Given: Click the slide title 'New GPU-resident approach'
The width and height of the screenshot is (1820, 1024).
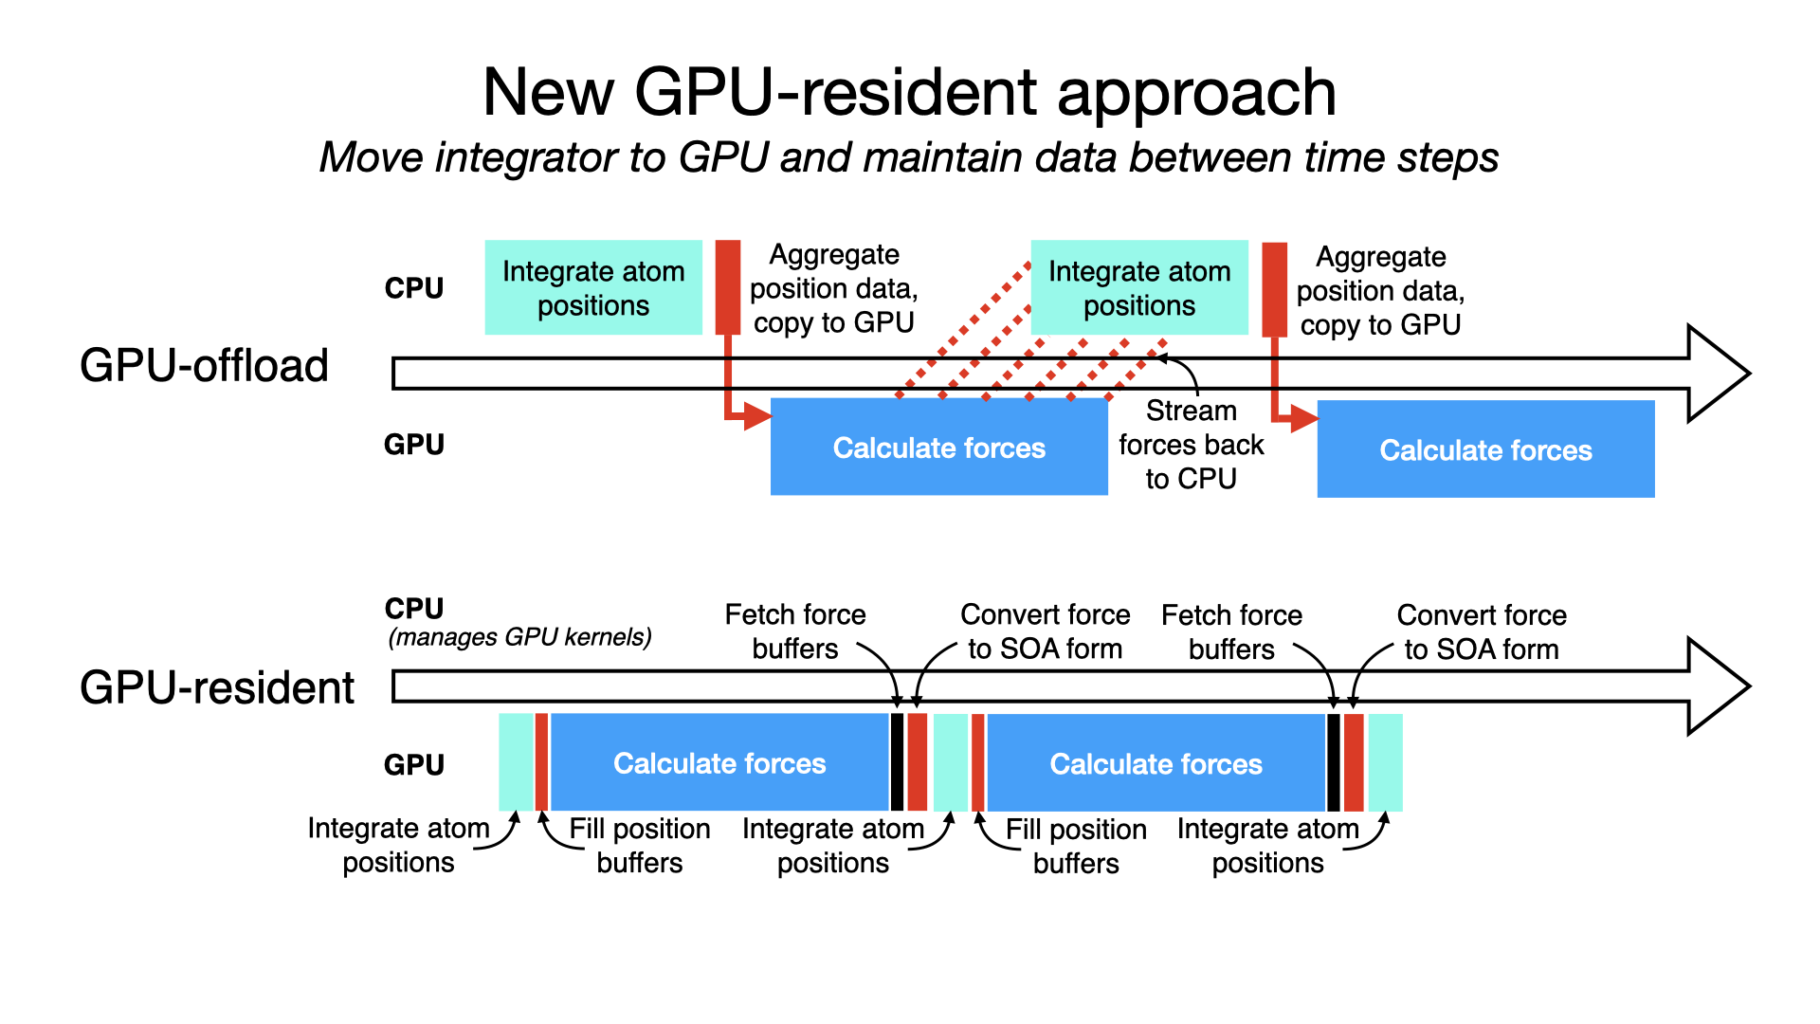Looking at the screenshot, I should (909, 92).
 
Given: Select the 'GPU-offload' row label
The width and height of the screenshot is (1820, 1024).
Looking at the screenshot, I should (204, 365).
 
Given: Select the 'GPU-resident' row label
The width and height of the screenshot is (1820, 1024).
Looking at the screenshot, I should (217, 687).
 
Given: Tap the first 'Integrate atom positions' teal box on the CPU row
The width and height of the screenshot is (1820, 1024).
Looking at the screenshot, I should (593, 287).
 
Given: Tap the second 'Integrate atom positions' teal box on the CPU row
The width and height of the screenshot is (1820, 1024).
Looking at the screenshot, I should (1139, 287).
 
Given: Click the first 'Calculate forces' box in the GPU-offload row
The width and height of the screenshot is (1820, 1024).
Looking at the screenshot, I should (938, 447).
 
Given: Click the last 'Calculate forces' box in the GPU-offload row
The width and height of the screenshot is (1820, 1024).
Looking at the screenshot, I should (1485, 449).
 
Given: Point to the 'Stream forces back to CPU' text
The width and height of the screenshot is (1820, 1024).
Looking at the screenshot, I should (1191, 445).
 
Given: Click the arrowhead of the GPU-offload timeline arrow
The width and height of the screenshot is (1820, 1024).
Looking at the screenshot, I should (1716, 374).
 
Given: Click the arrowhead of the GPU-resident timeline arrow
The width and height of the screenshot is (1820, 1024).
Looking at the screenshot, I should (1716, 686).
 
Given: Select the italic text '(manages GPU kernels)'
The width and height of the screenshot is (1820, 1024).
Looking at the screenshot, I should (519, 637).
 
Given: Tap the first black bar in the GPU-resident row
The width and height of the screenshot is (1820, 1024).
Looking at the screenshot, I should (897, 762).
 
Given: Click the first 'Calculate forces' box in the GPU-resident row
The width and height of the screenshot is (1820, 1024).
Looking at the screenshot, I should (719, 762).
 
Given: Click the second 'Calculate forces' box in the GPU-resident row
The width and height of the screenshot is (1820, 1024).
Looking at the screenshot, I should (1156, 763).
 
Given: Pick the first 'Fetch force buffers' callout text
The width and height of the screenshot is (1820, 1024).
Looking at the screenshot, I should (794, 631).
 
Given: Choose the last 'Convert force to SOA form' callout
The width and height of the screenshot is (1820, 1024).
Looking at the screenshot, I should (1481, 632).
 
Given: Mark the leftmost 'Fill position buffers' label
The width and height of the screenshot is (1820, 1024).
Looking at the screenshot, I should (639, 845).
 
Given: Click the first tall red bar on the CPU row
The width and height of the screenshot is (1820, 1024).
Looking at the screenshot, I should (727, 286).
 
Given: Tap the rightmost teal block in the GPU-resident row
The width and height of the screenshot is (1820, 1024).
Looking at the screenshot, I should (1385, 762).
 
